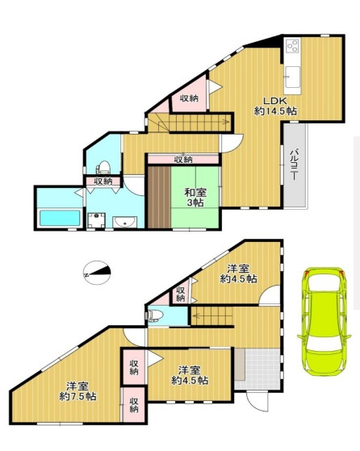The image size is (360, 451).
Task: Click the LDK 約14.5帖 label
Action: click(x=275, y=106)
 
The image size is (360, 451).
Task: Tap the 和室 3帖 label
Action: click(x=195, y=197)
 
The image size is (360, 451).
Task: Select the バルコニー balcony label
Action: click(x=294, y=165)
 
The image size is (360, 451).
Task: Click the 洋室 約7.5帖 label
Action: click(x=77, y=391)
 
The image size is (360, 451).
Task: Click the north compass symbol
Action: click(x=97, y=273)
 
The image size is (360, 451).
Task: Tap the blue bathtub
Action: click(x=60, y=218)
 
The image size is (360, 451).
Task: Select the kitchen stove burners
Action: click(x=293, y=46)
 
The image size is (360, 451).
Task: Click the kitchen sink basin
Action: click(x=292, y=76)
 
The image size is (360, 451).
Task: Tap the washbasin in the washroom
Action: click(x=124, y=222)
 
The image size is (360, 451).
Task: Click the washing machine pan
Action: click(x=96, y=220)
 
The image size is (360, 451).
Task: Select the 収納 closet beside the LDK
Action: click(x=189, y=98)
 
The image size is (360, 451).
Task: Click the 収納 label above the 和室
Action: click(x=184, y=160)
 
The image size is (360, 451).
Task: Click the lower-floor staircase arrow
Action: click(x=212, y=315)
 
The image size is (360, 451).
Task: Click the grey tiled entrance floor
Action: click(x=257, y=368)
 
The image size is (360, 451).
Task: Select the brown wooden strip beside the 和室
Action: click(x=160, y=198)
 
